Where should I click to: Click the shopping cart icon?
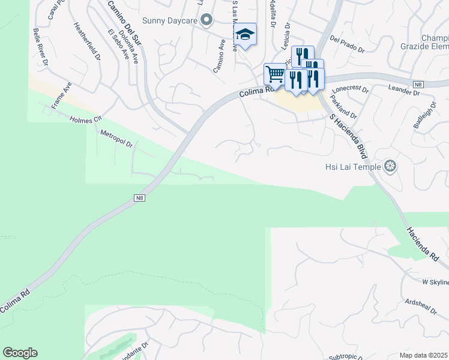[x=275, y=74]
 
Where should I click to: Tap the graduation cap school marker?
[x=245, y=34]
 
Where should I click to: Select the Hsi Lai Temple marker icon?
[x=391, y=166]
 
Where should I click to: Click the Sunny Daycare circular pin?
[x=207, y=20]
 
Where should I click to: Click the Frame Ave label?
[x=61, y=95]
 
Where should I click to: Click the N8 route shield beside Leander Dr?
[x=418, y=83]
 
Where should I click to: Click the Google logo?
[x=20, y=353]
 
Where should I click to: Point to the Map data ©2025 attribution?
[x=423, y=355]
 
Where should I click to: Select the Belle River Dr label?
[x=41, y=47]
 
